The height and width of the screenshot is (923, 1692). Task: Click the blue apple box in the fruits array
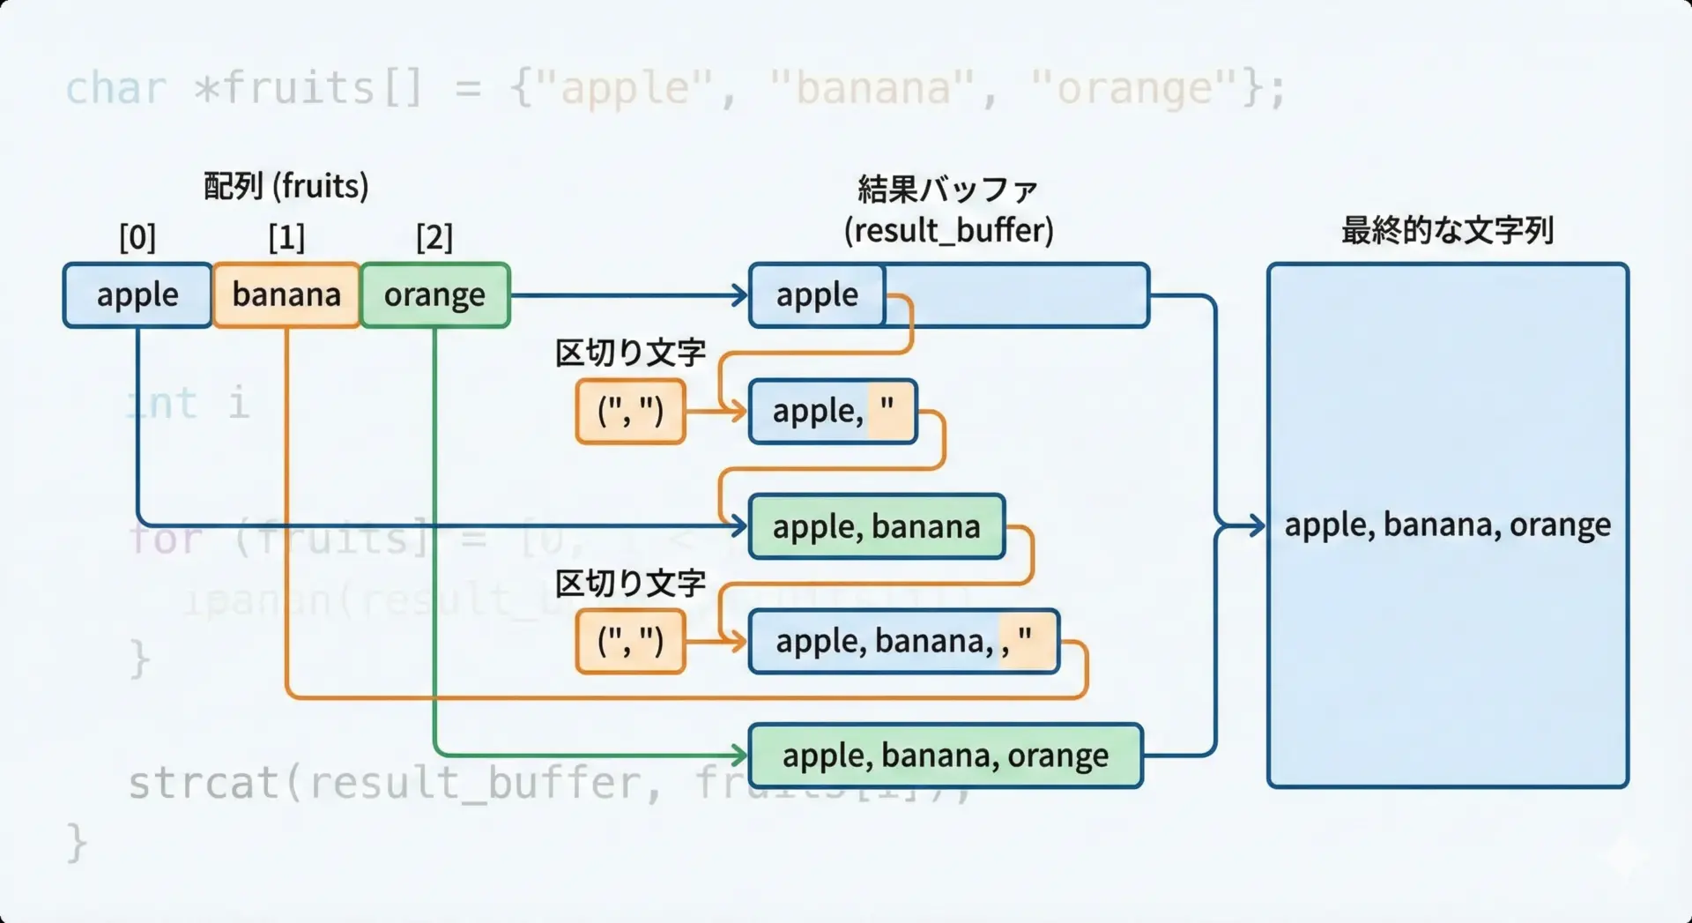[x=137, y=294]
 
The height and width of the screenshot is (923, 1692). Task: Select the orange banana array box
[x=286, y=294]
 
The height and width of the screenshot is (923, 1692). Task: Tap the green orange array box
[x=434, y=294]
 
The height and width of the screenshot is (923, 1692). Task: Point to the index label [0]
[x=137, y=237]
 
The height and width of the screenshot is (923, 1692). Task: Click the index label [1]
[x=286, y=237]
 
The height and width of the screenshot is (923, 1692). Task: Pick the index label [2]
[x=434, y=237]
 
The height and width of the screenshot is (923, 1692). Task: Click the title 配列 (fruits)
[x=286, y=186]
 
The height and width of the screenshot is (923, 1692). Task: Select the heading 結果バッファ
[x=948, y=190]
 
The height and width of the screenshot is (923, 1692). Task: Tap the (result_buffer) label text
[x=948, y=231]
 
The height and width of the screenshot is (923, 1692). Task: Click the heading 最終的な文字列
[x=1447, y=231]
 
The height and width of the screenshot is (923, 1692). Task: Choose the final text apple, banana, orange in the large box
[x=1447, y=525]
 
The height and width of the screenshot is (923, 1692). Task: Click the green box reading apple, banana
[x=876, y=526]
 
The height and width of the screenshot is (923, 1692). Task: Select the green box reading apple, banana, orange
[x=945, y=756]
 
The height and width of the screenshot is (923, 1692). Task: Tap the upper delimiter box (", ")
[x=630, y=411]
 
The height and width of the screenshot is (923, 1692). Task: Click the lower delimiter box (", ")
[x=630, y=641]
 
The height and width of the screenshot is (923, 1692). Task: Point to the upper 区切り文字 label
[x=630, y=354]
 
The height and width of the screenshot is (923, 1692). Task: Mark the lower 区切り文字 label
[x=630, y=584]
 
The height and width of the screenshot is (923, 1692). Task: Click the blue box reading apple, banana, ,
[x=903, y=641]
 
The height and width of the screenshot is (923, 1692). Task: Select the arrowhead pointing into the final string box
[x=1257, y=525]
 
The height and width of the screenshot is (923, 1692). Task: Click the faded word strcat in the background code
[x=204, y=783]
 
